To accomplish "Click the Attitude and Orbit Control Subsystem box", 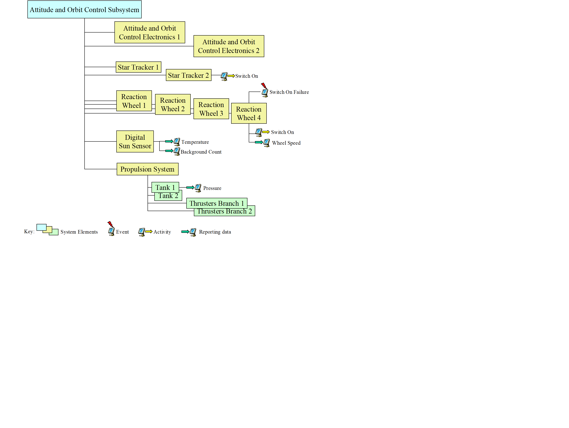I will [84, 9].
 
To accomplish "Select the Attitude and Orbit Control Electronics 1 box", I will [149, 32].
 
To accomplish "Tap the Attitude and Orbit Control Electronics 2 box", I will [229, 46].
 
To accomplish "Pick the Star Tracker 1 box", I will [138, 67].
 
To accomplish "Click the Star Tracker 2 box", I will [188, 75].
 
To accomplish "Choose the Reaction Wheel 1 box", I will [134, 101].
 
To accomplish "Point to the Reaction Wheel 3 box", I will [211, 109].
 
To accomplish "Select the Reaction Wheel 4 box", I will [249, 113].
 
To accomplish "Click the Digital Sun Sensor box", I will [135, 141].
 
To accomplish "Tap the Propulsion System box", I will [147, 169].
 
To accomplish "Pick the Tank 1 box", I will [165, 187].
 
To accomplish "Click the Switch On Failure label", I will [289, 92].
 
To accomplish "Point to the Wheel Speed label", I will [286, 143].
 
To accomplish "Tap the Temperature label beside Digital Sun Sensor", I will [195, 142].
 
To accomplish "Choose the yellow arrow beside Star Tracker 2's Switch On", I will [231, 76].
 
